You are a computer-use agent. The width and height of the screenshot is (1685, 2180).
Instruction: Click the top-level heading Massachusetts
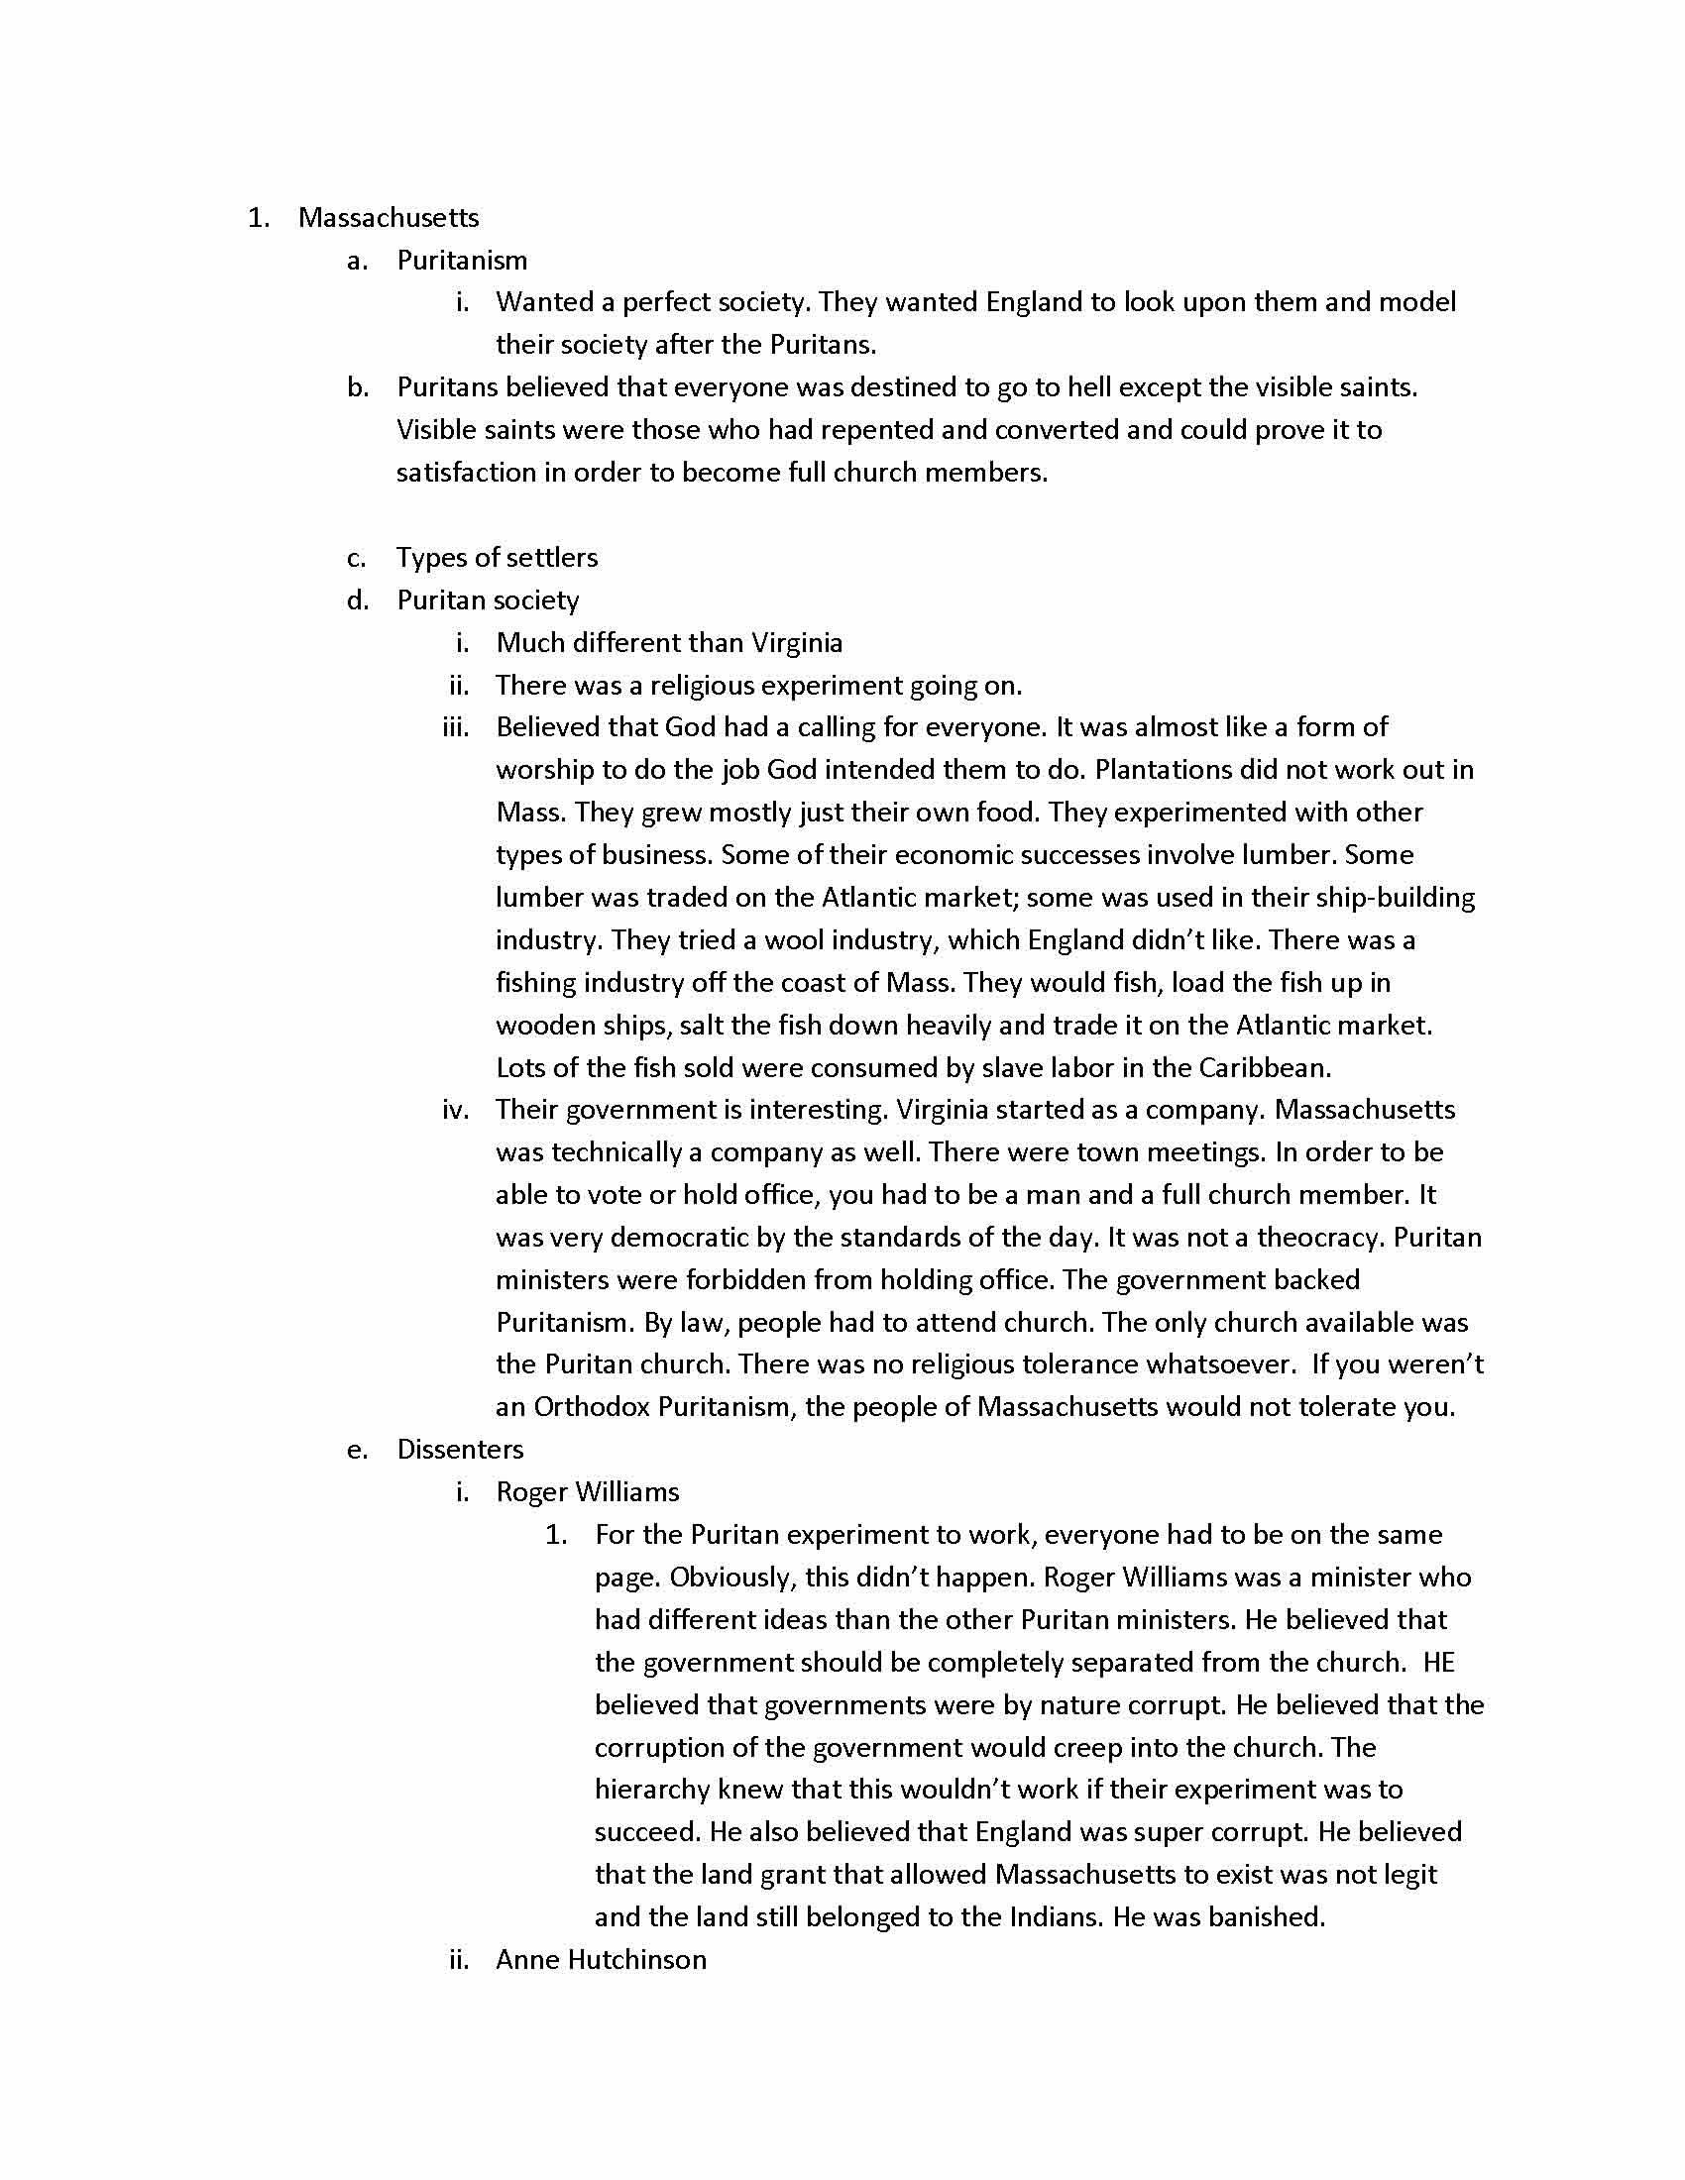point(389,218)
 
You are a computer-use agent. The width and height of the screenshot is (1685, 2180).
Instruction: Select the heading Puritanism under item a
point(461,261)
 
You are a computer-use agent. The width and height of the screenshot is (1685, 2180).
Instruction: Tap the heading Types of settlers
point(498,557)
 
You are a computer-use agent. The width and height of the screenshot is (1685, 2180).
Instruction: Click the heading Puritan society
point(487,599)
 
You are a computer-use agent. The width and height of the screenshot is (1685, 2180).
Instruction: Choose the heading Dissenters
point(459,1450)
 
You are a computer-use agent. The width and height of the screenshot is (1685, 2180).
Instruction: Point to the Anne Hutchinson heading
point(601,1959)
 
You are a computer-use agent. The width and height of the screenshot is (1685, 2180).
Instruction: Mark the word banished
point(1265,1917)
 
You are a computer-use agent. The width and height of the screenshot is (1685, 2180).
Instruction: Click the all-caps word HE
point(1438,1663)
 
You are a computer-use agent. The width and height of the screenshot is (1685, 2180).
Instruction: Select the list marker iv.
point(455,1110)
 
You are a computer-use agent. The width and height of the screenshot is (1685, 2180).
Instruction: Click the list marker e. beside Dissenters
point(358,1451)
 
